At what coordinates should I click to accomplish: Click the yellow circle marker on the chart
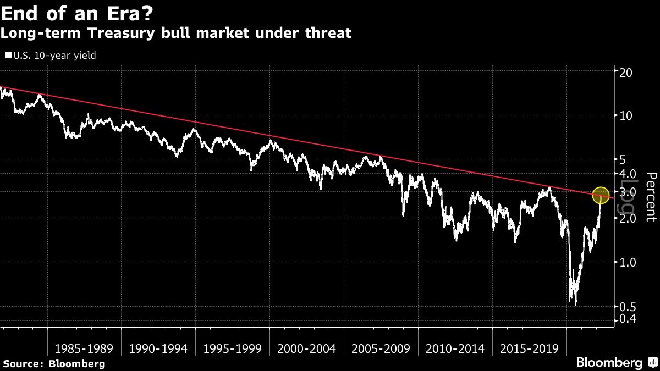tap(601, 195)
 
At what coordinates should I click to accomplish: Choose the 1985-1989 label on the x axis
tap(84, 348)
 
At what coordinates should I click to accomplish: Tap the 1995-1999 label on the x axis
tap(233, 348)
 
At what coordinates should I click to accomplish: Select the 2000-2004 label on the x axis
tap(307, 348)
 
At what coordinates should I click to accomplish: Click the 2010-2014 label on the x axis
tap(455, 348)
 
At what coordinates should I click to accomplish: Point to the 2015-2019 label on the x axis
tap(529, 348)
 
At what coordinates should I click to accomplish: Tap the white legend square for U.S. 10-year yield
tap(8, 55)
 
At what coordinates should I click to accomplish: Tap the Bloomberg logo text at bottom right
tap(609, 363)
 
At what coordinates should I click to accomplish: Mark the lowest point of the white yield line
tap(576, 304)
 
